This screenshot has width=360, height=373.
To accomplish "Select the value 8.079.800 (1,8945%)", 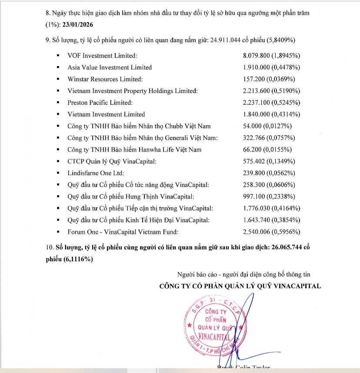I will pos(271,56).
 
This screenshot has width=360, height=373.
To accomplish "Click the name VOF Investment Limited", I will pos(102,56).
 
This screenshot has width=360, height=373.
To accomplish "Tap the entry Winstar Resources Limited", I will pos(105,79).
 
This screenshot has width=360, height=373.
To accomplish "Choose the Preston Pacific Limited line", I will pos(100,103).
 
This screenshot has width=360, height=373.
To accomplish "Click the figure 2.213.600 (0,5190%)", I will pos(271,91).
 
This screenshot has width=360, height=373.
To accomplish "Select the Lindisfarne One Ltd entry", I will pos(96,173).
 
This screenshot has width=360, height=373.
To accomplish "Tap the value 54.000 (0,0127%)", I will pos(267,126).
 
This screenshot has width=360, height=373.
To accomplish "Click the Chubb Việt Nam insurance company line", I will pos(139,126).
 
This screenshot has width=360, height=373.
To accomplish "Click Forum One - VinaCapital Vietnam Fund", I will pos(123,232).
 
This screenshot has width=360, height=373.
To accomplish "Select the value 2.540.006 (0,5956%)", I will pos(271,232).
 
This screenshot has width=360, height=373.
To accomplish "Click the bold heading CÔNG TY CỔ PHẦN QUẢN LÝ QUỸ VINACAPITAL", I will pos(240,286).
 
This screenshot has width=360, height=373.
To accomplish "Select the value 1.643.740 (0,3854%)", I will pos(271,220).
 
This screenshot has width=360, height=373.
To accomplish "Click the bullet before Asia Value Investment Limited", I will pos(58,67).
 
